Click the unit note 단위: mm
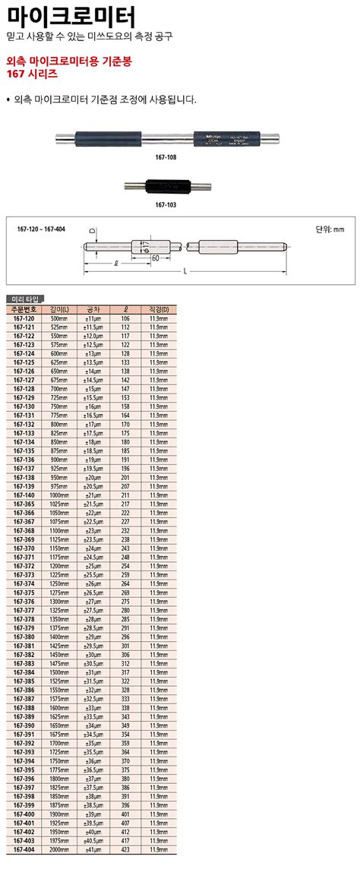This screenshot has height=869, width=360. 330,228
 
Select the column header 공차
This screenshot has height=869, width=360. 93,309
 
